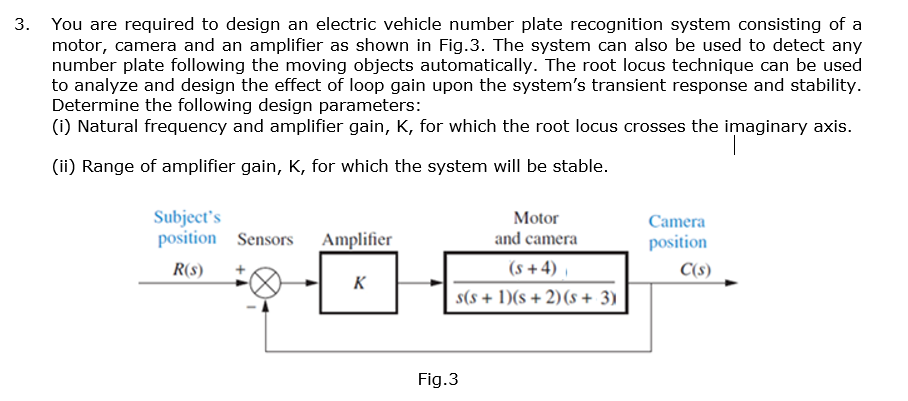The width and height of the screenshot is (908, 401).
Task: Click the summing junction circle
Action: pyautogui.click(x=265, y=283)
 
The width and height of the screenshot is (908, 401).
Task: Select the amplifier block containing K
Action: pyautogui.click(x=358, y=283)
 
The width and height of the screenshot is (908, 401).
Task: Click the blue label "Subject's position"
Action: pyautogui.click(x=186, y=228)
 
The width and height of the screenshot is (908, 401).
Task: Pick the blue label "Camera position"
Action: pyautogui.click(x=677, y=232)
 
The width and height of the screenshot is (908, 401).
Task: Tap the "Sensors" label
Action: pyautogui.click(x=265, y=240)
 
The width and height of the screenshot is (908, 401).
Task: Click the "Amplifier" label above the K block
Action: pyautogui.click(x=357, y=240)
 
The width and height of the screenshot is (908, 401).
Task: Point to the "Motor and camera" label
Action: pyautogui.click(x=536, y=228)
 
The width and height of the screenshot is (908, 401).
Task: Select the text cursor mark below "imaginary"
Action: pyautogui.click(x=735, y=148)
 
